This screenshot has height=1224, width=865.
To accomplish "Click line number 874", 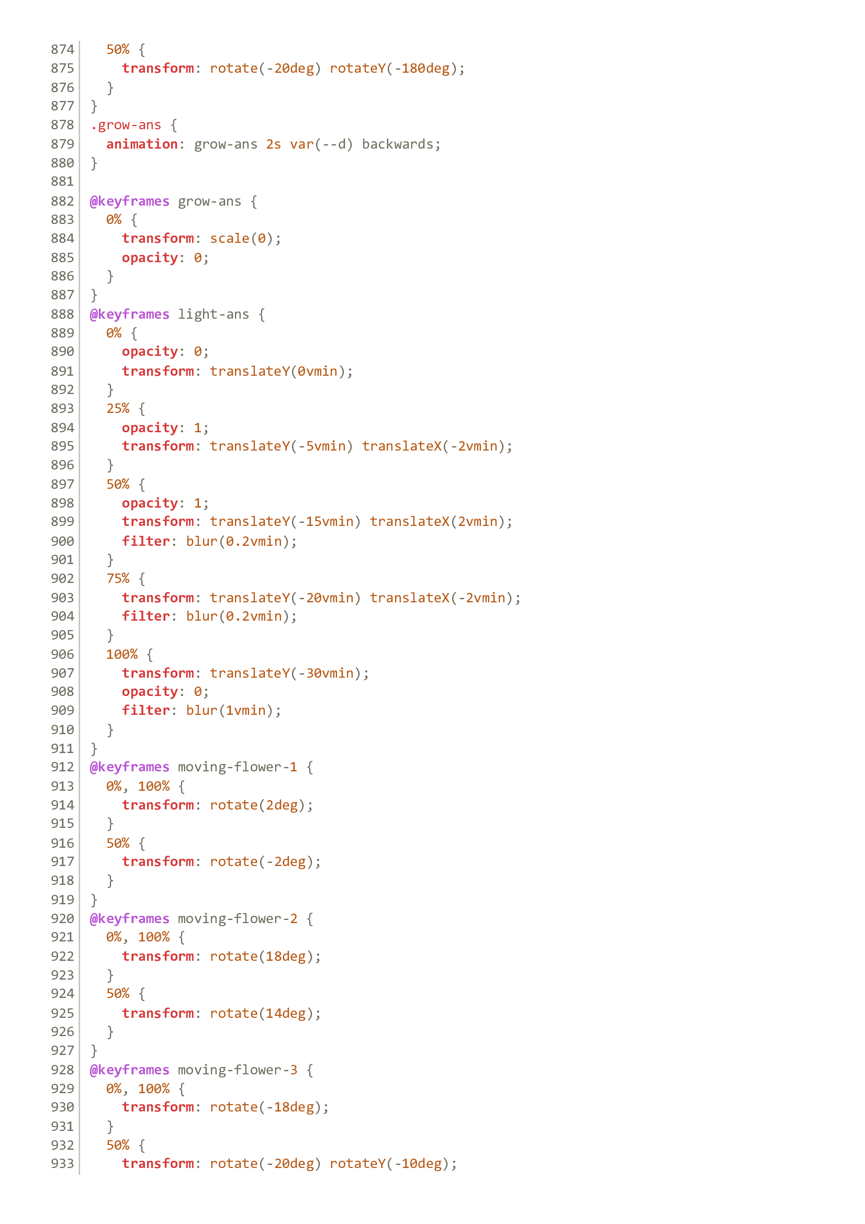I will click(x=62, y=50).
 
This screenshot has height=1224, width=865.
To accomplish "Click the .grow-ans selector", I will click(x=126, y=125).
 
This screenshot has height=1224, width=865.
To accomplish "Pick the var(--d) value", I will click(x=321, y=144).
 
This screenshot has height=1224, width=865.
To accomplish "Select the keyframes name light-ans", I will click(x=213, y=314).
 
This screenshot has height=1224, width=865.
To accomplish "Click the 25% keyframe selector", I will click(x=118, y=408).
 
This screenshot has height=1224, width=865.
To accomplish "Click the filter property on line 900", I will click(x=145, y=541).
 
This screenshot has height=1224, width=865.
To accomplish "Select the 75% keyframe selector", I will click(x=118, y=578).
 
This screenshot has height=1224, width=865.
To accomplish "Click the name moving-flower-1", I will click(x=237, y=767).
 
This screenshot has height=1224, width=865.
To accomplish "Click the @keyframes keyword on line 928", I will click(x=129, y=1070).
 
